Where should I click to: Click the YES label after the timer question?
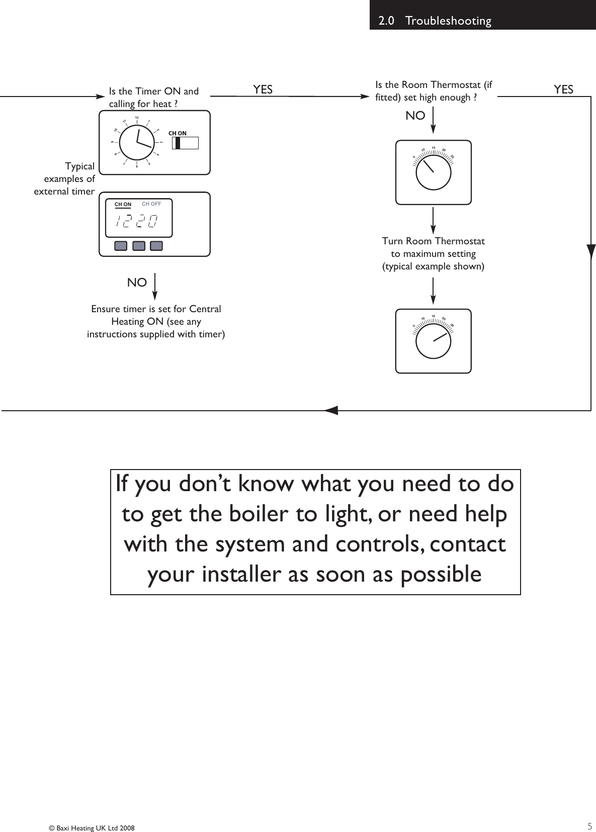point(263,89)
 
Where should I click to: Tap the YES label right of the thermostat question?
point(563,89)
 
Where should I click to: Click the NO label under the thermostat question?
point(415,116)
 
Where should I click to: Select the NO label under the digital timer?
point(137,283)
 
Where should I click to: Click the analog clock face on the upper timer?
point(137,142)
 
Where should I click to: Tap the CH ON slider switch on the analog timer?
point(185,143)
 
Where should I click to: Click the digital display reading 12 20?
point(136,221)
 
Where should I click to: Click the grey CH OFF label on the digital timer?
point(151,204)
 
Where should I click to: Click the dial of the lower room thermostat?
point(433,340)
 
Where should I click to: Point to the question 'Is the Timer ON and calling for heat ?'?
point(153,97)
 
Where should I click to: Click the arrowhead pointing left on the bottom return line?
point(332,410)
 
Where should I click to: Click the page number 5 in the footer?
point(589,826)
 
